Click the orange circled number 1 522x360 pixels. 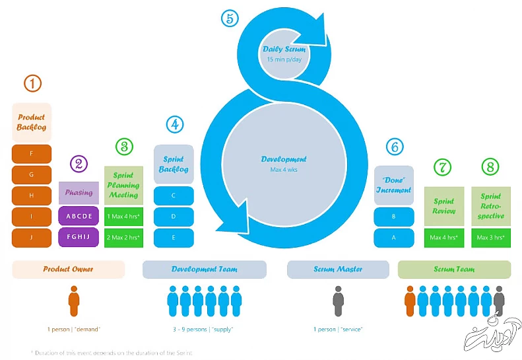tap(32, 83)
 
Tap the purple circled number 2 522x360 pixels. tap(79, 164)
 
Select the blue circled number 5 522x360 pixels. tap(229, 18)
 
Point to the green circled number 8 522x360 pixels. tap(490, 167)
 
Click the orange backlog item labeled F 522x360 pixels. tap(32, 154)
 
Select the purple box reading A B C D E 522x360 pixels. tap(79, 217)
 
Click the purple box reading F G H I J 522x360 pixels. tap(79, 237)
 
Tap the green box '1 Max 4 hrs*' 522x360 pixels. tap(123, 217)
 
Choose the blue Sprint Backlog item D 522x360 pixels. tap(174, 217)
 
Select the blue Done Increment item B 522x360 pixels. tap(394, 217)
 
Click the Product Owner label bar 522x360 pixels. tap(69, 270)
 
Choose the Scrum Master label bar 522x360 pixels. tap(338, 270)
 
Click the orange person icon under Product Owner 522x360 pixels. tap(74, 301)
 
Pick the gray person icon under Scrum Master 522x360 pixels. tap(339, 301)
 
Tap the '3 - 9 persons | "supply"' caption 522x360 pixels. tap(205, 329)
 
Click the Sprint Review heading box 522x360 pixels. tap(443, 206)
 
